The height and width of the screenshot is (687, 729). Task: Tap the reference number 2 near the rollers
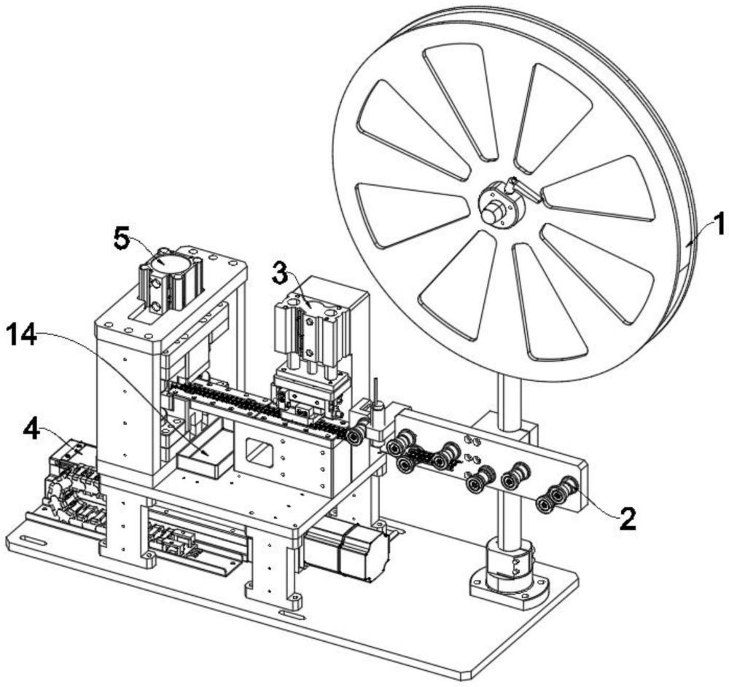click(628, 519)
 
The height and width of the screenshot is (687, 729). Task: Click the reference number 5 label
click(122, 239)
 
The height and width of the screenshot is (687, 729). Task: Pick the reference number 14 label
click(22, 336)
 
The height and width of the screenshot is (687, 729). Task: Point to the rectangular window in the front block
click(259, 450)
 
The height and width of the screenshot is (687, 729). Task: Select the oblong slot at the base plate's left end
click(33, 541)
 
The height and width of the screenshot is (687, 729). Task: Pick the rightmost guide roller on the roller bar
click(568, 487)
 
